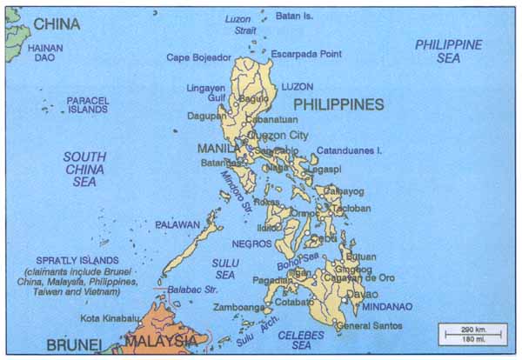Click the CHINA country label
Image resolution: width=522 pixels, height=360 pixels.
tap(57, 23)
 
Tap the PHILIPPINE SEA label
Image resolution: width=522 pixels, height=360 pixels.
tap(448, 50)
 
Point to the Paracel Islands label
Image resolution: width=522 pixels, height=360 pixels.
tap(87, 105)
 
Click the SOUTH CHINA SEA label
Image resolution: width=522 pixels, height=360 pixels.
tap(84, 170)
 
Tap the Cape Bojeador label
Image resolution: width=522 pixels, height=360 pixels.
tap(199, 57)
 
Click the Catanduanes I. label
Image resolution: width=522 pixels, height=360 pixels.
tap(349, 150)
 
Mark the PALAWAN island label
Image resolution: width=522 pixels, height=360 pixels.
tap(178, 224)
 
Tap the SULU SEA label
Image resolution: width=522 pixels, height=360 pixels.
tap(224, 268)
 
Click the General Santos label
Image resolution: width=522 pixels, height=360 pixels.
tap(365, 326)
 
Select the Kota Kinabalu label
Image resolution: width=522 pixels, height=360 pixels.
tap(110, 318)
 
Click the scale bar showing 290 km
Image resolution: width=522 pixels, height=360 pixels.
tap(472, 332)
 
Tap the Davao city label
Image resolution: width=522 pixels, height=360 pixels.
tap(359, 294)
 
